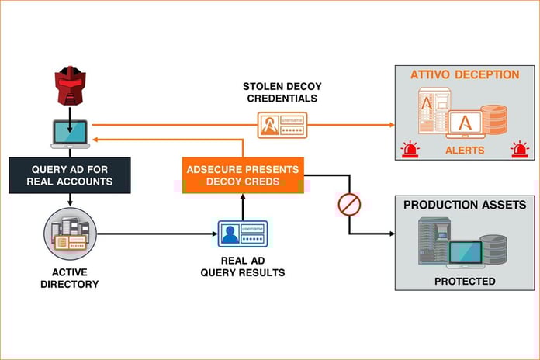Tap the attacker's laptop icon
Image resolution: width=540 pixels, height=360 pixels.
pyautogui.click(x=70, y=133)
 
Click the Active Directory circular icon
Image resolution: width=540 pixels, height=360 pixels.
pyautogui.click(x=70, y=232)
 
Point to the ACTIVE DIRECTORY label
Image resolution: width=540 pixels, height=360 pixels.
pyautogui.click(x=70, y=278)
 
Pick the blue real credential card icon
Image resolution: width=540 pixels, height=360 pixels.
pyautogui.click(x=243, y=232)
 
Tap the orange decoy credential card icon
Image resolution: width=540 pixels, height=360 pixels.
pyautogui.click(x=282, y=125)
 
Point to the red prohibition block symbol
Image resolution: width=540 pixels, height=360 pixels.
pyautogui.click(x=349, y=205)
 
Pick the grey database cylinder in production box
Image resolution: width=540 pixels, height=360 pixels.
pyautogui.click(x=493, y=248)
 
